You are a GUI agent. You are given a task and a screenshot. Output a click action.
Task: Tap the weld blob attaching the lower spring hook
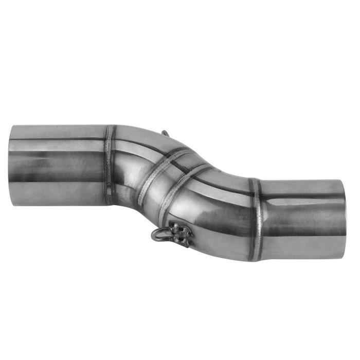pyautogui.click(x=180, y=234)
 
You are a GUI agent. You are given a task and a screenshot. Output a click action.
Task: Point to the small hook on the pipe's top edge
pyautogui.click(x=165, y=133)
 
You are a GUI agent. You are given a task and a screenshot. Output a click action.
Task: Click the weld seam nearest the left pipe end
pyautogui.click(x=110, y=165)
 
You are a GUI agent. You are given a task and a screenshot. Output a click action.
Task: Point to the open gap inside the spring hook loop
pyautogui.click(x=160, y=235)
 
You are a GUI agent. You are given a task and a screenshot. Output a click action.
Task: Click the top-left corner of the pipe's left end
pyautogui.click(x=11, y=127)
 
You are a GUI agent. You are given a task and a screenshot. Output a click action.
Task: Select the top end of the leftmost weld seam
pyautogui.click(x=109, y=127)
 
